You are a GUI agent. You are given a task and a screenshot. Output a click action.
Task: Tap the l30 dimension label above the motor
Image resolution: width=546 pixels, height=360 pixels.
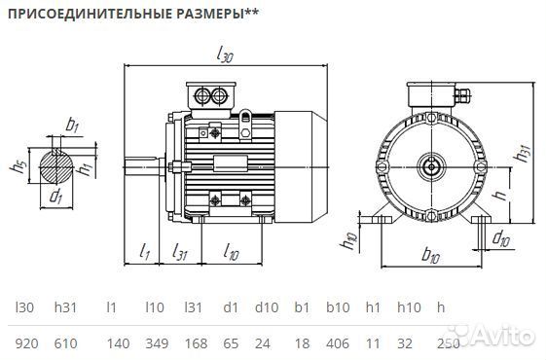point(225,55)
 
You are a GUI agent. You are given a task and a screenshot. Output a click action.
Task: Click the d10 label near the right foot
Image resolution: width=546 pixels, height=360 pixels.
point(500,238)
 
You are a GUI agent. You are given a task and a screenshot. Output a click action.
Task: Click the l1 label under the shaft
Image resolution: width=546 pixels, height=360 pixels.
point(144,255)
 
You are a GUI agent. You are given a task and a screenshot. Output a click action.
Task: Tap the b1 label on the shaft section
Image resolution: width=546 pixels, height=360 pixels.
point(72,125)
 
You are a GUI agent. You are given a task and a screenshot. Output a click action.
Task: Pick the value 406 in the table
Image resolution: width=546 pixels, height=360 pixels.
point(337,342)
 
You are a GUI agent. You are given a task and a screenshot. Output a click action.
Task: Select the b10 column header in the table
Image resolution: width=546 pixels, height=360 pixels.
point(337,307)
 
